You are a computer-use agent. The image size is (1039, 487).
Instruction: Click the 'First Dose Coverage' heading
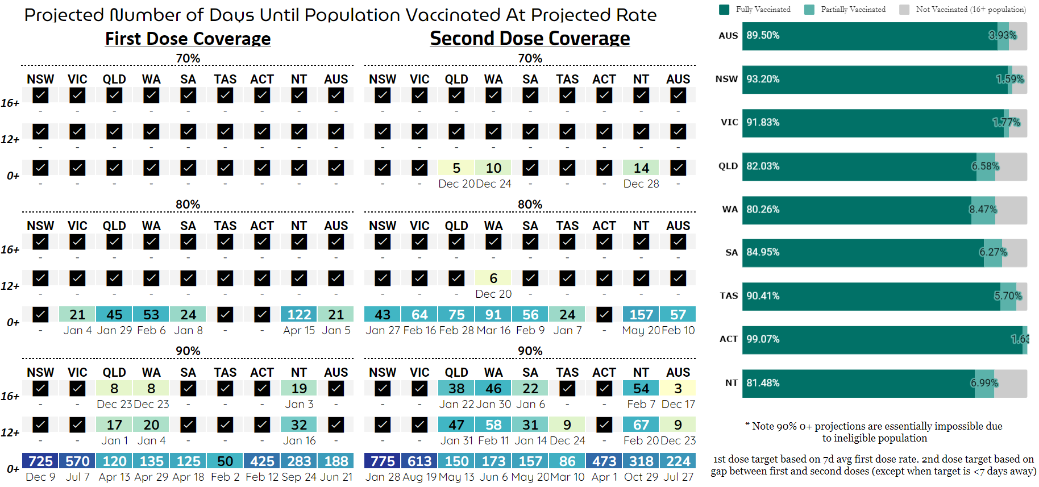(x=188, y=39)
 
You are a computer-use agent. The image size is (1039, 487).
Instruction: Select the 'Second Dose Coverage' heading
(x=530, y=39)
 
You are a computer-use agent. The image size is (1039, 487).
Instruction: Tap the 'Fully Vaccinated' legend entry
(x=762, y=10)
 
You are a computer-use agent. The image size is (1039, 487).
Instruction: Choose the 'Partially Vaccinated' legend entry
(x=853, y=10)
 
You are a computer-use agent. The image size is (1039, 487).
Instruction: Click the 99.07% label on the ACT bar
(x=763, y=339)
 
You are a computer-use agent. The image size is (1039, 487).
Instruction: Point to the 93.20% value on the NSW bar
(x=763, y=79)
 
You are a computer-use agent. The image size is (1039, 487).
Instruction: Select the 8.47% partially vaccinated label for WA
(x=983, y=209)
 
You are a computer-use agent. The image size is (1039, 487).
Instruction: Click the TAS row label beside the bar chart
(x=729, y=296)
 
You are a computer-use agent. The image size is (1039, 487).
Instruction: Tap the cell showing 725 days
(x=40, y=461)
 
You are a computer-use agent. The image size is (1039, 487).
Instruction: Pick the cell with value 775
(x=383, y=461)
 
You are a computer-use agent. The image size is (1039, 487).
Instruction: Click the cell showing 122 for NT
(x=299, y=314)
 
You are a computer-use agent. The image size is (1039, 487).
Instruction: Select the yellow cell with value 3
(x=678, y=388)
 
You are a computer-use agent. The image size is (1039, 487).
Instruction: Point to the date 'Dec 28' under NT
(x=641, y=184)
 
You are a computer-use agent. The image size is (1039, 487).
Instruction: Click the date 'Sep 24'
(x=299, y=477)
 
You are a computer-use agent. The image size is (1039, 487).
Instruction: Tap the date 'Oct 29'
(x=641, y=477)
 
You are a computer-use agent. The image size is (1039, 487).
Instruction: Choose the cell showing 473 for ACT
(x=604, y=461)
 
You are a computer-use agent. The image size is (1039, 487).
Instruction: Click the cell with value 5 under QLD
(x=456, y=168)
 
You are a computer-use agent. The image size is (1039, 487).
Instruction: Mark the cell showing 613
(x=419, y=461)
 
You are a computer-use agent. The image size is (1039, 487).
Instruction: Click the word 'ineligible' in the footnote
(x=846, y=438)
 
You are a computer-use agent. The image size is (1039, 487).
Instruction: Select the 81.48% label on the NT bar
(x=763, y=383)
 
